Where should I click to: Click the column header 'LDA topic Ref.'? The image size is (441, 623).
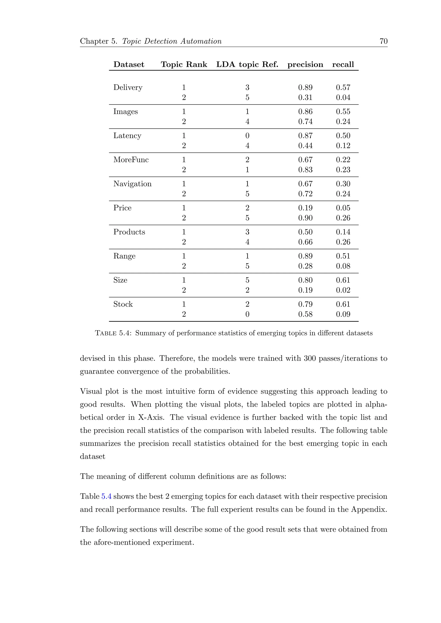click(247, 65)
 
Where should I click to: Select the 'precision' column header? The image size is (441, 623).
click(305, 65)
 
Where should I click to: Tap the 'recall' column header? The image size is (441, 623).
click(343, 65)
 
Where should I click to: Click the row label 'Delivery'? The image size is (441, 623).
click(128, 88)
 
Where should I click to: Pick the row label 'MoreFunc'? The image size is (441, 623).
click(131, 160)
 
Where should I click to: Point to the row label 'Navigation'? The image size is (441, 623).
click(132, 184)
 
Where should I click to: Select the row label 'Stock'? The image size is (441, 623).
click(123, 304)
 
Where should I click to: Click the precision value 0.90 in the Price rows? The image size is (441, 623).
click(305, 218)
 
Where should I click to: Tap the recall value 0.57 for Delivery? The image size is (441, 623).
click(343, 88)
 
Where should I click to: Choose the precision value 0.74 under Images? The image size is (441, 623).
click(305, 122)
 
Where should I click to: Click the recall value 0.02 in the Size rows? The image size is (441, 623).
click(343, 290)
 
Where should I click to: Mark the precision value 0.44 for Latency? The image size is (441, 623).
click(305, 146)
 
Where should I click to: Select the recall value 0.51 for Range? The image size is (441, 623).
click(343, 256)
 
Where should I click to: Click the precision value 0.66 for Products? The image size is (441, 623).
click(305, 242)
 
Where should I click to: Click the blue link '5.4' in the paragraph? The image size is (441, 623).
click(106, 496)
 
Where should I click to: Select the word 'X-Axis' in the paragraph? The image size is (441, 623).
click(151, 417)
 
